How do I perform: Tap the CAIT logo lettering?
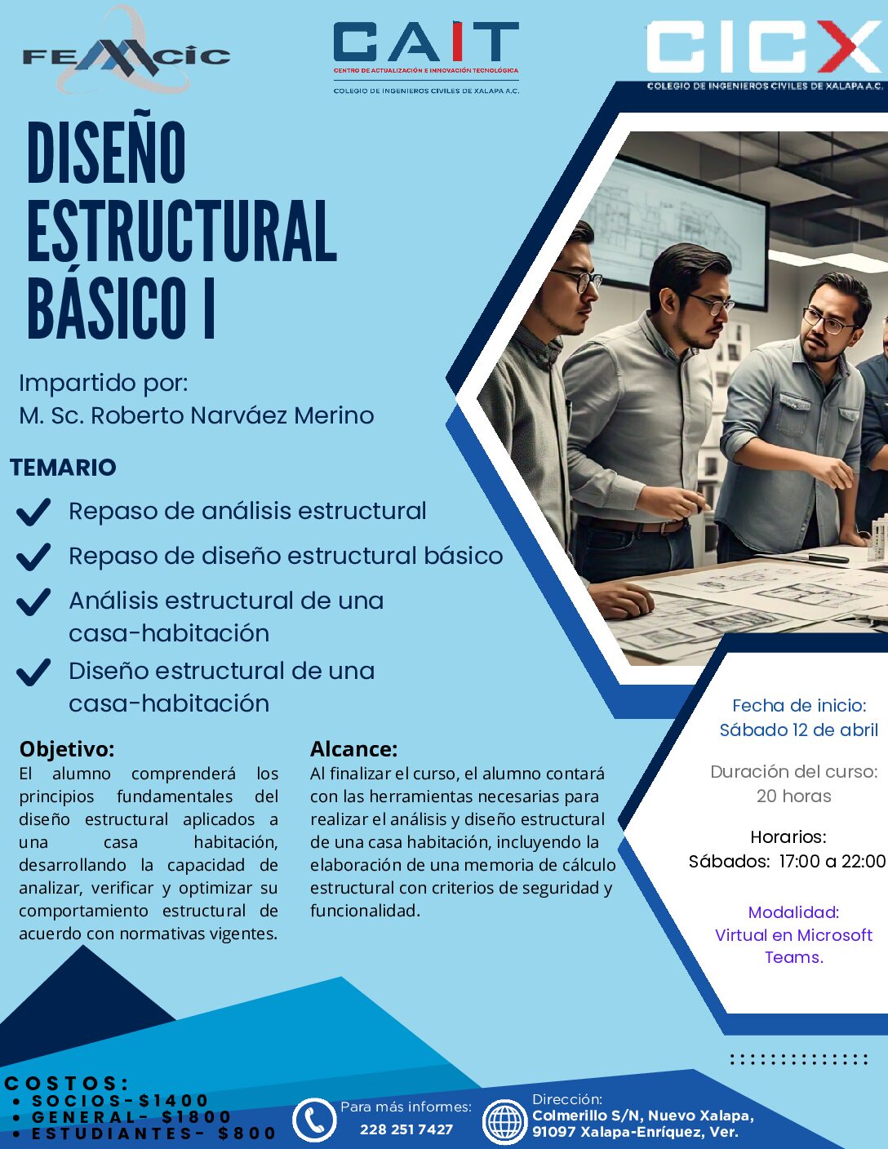pos(426,42)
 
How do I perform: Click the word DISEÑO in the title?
pos(106,153)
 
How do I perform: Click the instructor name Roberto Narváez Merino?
pos(232,415)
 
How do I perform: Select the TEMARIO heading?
pos(63,468)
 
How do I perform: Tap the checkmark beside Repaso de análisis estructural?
pos(33,512)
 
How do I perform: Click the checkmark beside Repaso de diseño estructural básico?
pos(33,557)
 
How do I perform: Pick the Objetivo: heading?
pos(67,749)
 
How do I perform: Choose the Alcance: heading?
pos(353,749)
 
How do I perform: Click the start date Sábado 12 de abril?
pos(798,730)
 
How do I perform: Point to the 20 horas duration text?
pos(793,796)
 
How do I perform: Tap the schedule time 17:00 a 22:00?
pos(832,862)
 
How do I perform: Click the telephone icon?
pos(314,1120)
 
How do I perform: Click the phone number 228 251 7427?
pos(406,1129)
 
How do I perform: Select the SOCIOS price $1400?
pos(174,1101)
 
